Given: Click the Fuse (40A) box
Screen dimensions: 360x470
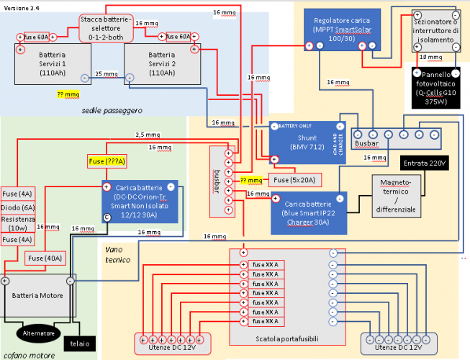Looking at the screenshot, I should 45,257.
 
